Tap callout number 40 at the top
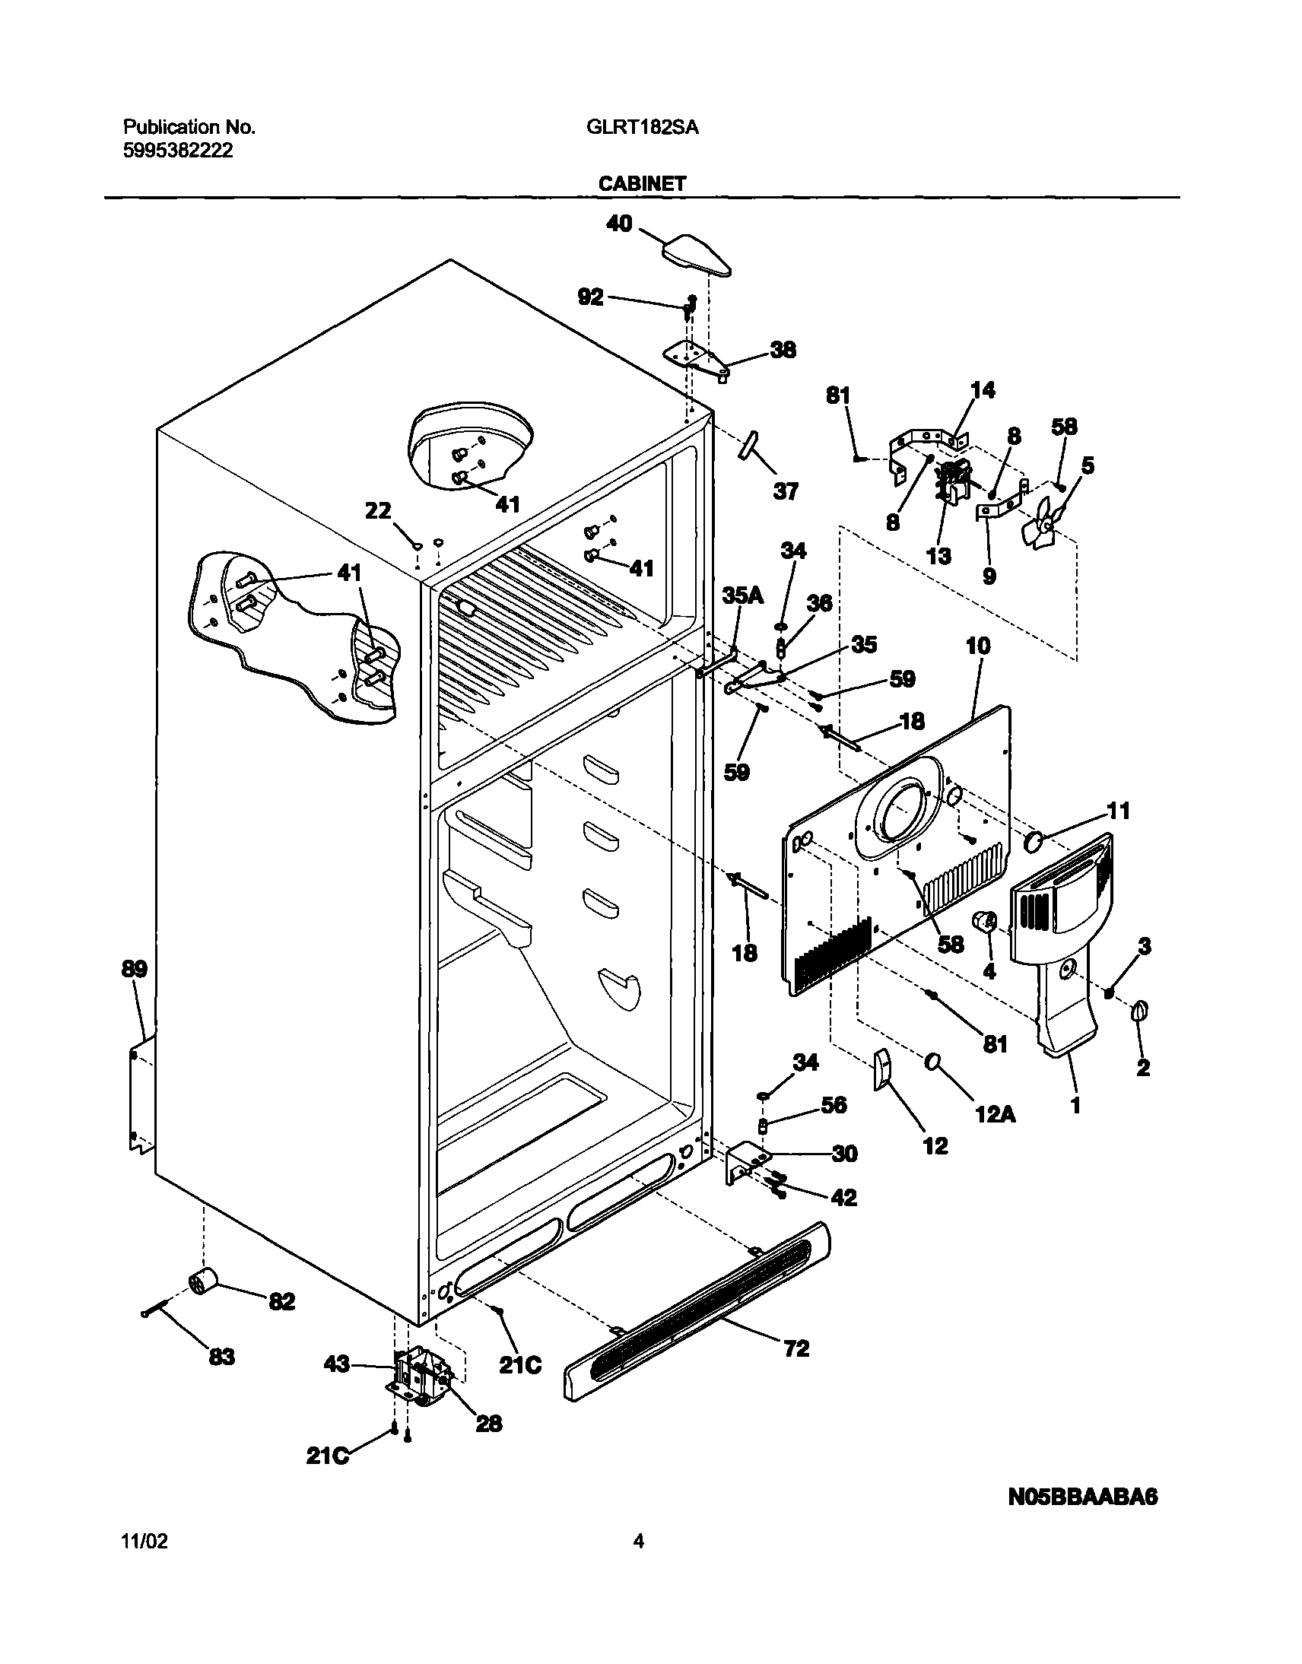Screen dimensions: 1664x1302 pos(619,224)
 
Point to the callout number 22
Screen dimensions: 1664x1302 pos(378,511)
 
